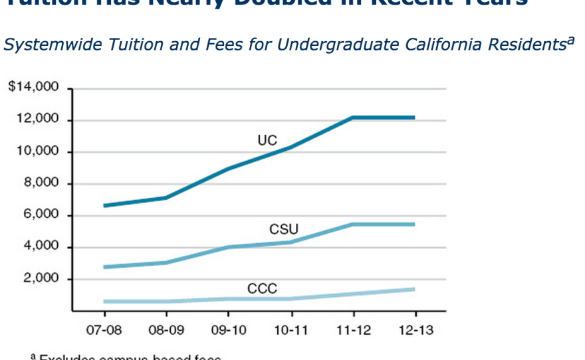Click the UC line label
point(267,140)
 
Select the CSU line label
point(284,230)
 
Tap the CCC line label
point(262,288)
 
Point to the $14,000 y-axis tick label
point(33,88)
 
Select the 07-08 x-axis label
point(103,329)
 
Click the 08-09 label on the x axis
point(166,329)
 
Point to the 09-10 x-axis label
point(228,329)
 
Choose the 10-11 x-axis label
point(291,329)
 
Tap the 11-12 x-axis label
point(353,329)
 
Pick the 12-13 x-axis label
point(415,329)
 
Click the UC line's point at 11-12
point(353,118)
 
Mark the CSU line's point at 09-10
point(228,247)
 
